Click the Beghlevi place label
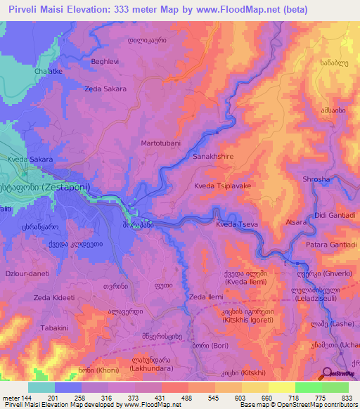coord(105,62)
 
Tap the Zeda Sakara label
coord(105,89)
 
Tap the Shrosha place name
coord(316,180)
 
